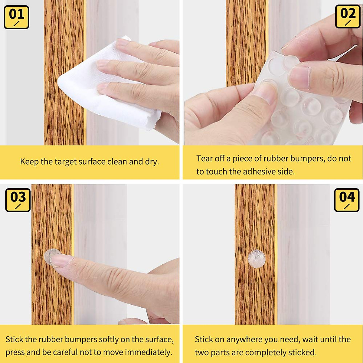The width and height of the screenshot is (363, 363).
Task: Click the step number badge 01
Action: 16,17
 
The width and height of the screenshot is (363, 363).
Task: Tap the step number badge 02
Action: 348,17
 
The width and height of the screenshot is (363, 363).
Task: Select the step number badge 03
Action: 18,200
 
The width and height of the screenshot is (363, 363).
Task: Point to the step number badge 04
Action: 347,200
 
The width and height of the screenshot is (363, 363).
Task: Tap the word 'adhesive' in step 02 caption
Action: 258,172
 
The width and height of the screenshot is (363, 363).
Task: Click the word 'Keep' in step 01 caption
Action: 29,162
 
